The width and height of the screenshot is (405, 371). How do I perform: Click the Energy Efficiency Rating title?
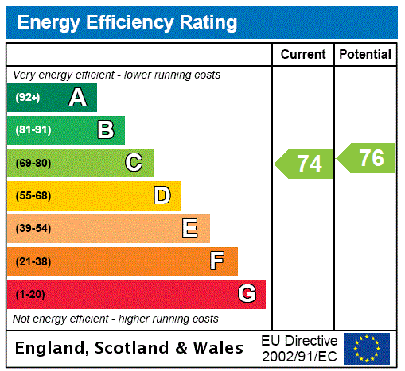pyautogui.click(x=127, y=22)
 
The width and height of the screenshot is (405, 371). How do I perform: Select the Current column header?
pyautogui.click(x=303, y=55)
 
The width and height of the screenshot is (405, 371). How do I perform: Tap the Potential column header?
pyautogui.click(x=365, y=55)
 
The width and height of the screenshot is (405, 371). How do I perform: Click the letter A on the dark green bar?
pyautogui.click(x=77, y=98)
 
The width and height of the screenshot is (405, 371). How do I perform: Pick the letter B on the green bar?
pyautogui.click(x=105, y=130)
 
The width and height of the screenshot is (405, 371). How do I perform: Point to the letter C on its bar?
pyautogui.click(x=134, y=163)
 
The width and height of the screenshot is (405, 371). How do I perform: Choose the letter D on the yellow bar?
pyautogui.click(x=162, y=195)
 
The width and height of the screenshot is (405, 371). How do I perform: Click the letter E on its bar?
pyautogui.click(x=190, y=229)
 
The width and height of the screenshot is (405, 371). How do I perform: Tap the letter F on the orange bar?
pyautogui.click(x=217, y=261)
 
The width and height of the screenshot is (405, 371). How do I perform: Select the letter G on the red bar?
pyautogui.click(x=247, y=294)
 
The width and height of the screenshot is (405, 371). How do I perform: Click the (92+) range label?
pyautogui.click(x=28, y=98)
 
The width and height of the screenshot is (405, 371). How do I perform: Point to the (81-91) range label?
pyautogui.click(x=33, y=130)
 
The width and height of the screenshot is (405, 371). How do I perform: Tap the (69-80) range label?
pyautogui.click(x=33, y=163)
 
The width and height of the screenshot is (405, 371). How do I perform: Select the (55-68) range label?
pyautogui.click(x=33, y=195)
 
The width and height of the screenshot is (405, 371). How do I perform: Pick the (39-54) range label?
pyautogui.click(x=33, y=229)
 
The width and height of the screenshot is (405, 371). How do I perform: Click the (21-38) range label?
pyautogui.click(x=33, y=261)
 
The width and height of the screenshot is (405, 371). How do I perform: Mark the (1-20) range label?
pyautogui.click(x=30, y=294)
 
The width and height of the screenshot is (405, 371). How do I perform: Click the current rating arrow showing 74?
pyautogui.click(x=306, y=164)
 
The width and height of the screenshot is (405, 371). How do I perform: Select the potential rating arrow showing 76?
pyautogui.click(x=368, y=157)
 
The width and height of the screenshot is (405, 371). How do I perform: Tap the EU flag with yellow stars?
pyautogui.click(x=367, y=348)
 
